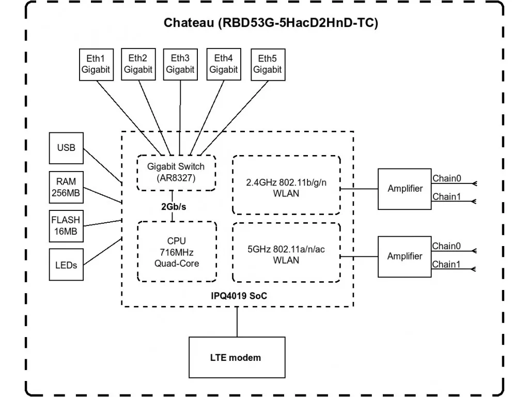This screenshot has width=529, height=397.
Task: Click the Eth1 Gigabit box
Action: pos(96,65)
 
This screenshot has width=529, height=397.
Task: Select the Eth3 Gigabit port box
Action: pos(180,64)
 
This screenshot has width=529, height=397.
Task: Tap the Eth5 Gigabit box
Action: pos(268,65)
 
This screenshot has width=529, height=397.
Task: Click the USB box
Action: pos(66,148)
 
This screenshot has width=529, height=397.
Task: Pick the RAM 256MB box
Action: pos(66,187)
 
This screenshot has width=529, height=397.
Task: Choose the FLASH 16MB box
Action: pos(66,226)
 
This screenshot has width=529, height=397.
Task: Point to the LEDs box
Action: pos(66,265)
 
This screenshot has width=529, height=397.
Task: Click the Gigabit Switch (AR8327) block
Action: pos(176,173)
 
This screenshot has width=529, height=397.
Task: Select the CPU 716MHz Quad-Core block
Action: pos(177,252)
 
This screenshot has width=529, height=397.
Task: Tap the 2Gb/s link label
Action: pos(174,207)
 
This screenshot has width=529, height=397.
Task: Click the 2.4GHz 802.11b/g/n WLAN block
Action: pos(286,185)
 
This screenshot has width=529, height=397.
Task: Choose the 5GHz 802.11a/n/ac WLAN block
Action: pos(286,252)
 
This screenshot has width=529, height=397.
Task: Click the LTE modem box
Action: pos(237,357)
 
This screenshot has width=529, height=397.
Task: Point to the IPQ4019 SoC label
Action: pos(239,296)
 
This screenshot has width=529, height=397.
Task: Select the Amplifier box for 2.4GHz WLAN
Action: pos(404,189)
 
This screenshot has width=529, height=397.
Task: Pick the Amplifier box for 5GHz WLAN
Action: pos(404,256)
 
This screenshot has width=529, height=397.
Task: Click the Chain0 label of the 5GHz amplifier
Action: pos(446,246)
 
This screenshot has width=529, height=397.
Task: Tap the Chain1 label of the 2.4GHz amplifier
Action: pos(446,196)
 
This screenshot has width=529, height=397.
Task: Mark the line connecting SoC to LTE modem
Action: pos(237,322)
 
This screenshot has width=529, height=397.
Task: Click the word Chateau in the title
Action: pos(189,23)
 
